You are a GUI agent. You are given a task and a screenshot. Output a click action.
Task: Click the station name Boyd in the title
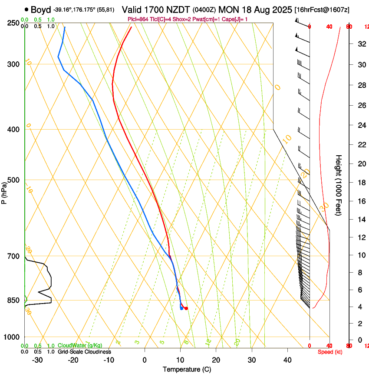(40, 10)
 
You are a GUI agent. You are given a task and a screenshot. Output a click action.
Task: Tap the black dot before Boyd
(27, 10)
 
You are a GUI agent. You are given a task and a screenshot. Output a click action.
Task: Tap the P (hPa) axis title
(4, 192)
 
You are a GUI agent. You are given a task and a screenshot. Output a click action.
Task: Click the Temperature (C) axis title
(187, 369)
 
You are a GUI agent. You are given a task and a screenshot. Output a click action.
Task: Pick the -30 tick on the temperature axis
(37, 360)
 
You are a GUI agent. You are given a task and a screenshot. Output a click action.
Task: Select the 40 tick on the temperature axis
(287, 360)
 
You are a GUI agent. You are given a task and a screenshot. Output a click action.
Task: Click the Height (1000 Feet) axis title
(339, 185)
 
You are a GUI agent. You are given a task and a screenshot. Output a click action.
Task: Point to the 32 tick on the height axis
(360, 44)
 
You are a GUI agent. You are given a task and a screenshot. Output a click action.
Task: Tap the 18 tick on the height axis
(360, 183)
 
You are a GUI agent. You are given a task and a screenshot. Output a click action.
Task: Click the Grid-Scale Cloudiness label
(84, 352)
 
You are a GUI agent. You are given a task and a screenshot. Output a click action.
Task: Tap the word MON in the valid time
(228, 10)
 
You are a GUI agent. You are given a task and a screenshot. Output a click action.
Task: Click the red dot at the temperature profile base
(186, 308)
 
